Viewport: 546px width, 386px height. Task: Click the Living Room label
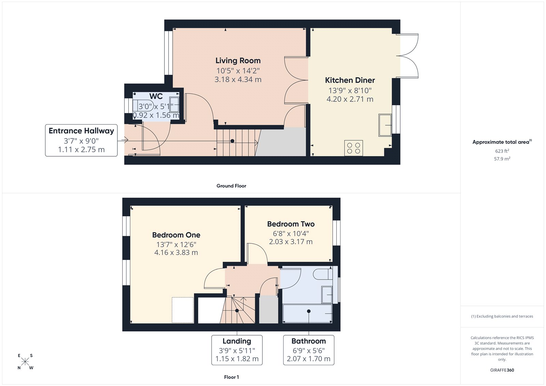(238, 61)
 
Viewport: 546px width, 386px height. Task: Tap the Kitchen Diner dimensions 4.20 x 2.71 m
(350, 99)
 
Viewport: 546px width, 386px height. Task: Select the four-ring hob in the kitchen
(353, 148)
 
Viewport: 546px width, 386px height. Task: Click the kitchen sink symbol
(385, 125)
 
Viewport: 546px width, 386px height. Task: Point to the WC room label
(156, 96)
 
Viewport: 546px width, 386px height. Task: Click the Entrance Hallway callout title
(81, 131)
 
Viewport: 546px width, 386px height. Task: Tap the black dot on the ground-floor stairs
(232, 141)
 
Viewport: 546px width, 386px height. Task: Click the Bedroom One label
(176, 235)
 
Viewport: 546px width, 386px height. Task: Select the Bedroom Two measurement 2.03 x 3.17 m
(291, 242)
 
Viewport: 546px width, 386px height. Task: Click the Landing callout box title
(237, 341)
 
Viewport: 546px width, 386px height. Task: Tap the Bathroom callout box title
(308, 341)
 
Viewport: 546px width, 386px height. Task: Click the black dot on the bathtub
(308, 311)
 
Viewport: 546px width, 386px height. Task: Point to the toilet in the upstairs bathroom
(322, 274)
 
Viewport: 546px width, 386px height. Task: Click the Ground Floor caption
(231, 186)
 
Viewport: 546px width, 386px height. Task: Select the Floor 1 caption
(231, 377)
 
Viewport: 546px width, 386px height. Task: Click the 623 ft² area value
(502, 151)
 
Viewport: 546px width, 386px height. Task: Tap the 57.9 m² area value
(502, 159)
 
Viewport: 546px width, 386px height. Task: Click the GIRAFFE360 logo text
(502, 370)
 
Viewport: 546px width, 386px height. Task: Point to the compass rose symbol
(25, 362)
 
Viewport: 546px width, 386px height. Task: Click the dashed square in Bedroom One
(183, 310)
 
